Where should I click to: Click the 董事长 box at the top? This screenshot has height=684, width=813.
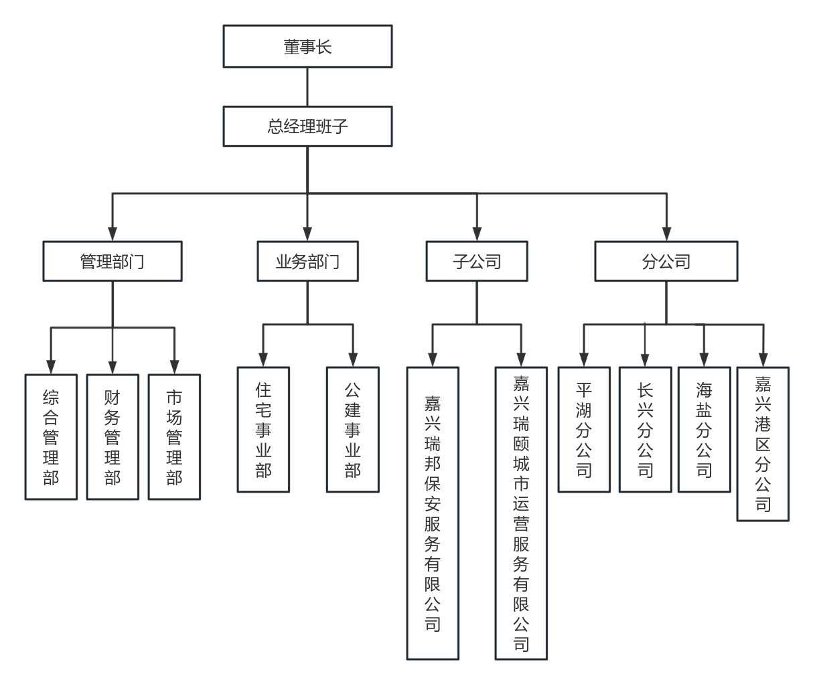coord(307,47)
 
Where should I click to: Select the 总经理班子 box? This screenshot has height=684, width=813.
coord(307,126)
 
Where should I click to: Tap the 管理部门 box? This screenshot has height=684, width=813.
coord(113,261)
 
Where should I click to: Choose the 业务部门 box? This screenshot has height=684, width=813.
coord(307,261)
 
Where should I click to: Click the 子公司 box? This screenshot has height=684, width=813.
coord(477,261)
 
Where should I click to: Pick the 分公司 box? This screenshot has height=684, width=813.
coord(666,261)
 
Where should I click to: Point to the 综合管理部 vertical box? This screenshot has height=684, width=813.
coord(51,436)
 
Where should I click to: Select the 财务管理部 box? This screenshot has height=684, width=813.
coord(113,436)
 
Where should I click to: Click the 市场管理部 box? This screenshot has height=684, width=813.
coord(174,436)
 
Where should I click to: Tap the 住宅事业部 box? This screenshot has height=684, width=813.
coord(263,429)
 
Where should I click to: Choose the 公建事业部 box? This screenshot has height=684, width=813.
coord(352,429)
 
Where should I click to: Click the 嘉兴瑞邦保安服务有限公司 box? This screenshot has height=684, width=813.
coord(433,513)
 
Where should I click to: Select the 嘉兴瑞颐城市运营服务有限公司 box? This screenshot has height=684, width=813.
coord(521,513)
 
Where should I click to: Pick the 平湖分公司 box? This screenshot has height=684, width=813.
coord(584,429)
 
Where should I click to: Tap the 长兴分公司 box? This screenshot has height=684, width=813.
coord(645,429)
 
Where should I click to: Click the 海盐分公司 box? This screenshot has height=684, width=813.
coord(704,429)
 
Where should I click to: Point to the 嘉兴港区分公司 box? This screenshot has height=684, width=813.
coord(763,443)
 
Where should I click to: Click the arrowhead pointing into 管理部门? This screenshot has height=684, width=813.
coord(113,234)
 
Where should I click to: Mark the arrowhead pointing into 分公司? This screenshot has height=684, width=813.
coord(666,234)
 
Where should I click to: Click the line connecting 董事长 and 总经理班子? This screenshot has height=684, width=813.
coord(307,87)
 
